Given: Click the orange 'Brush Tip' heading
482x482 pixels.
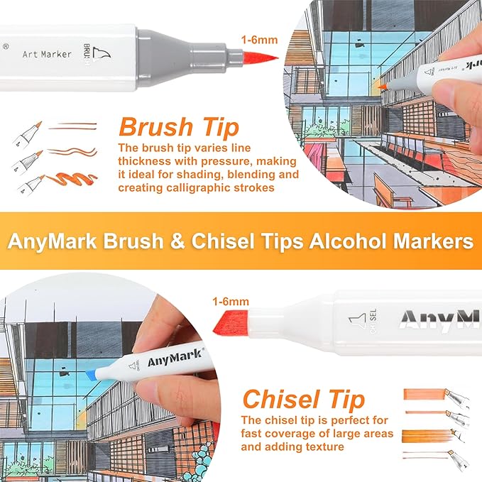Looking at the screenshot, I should (x=178, y=127).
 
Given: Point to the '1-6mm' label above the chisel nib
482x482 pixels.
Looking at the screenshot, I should (x=231, y=302).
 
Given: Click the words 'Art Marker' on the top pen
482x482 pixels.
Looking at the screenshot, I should (x=47, y=54).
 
